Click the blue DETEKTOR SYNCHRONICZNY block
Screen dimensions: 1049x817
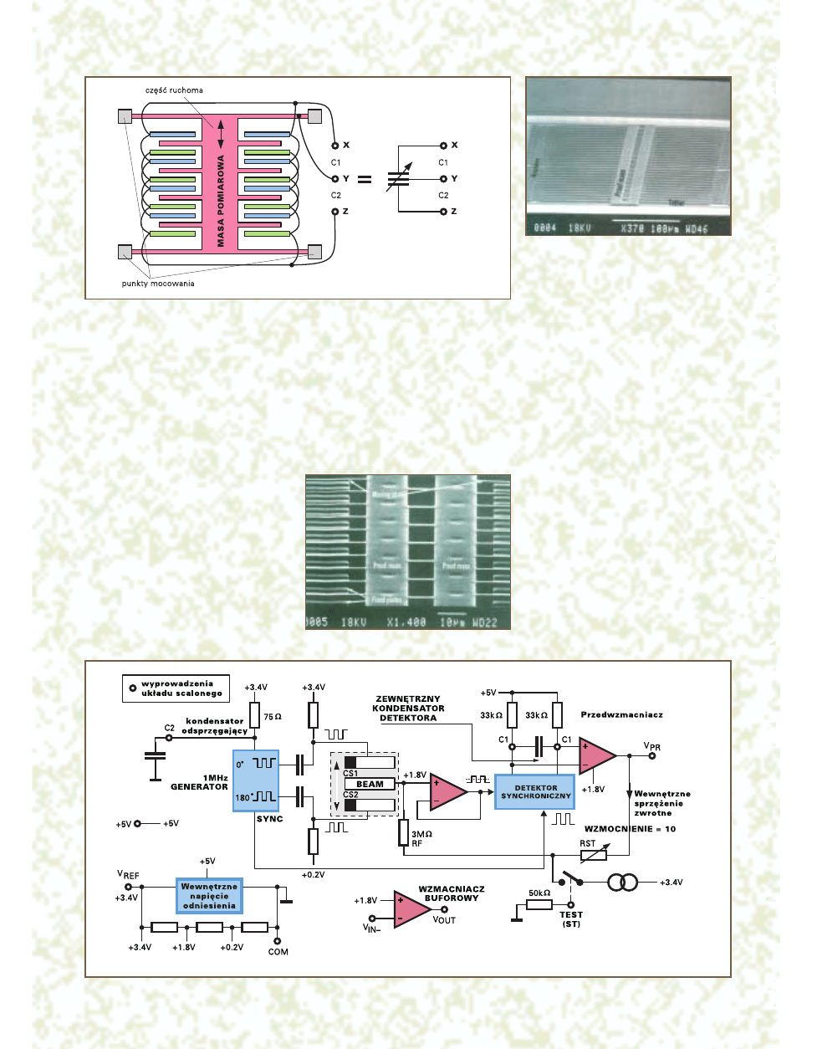coord(535,791)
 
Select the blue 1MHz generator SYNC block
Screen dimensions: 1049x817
coord(256,780)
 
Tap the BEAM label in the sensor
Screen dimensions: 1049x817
coord(370,785)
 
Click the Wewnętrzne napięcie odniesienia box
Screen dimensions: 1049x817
coord(209,896)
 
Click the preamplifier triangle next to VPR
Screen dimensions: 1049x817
coord(595,755)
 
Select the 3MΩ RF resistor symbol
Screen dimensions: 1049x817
coord(403,832)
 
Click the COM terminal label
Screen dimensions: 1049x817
coord(278,952)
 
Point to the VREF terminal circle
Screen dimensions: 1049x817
coord(128,887)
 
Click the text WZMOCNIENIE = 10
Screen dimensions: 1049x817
coord(630,829)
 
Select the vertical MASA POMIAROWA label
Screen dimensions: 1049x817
coord(221,201)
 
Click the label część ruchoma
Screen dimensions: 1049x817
coord(174,90)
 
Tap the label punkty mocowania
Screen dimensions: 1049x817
coord(158,284)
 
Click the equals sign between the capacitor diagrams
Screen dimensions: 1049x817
coord(365,179)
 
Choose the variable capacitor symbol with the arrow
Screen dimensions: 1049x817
coord(399,177)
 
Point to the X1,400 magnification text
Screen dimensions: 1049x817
coord(406,622)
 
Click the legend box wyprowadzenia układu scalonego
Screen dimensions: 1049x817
coord(176,688)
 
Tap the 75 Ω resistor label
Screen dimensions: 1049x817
coord(273,717)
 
